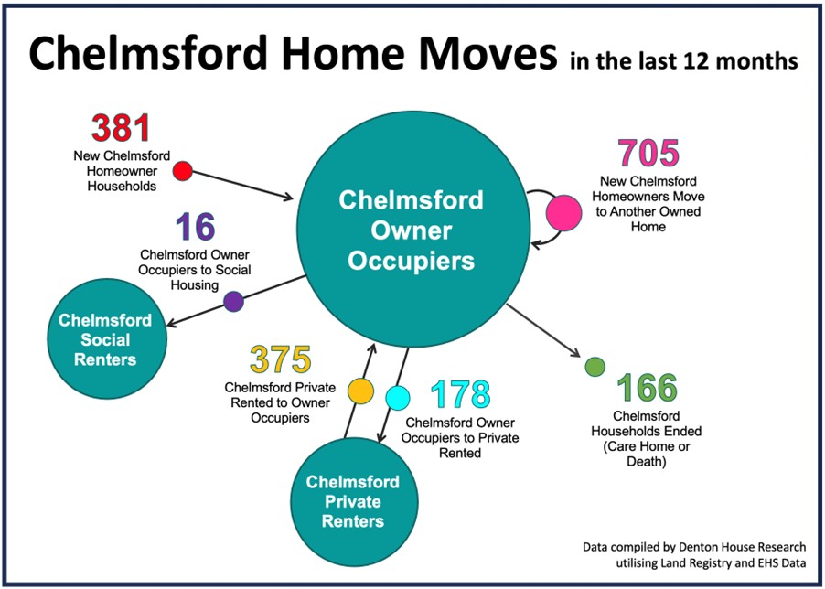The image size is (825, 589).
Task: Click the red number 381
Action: (120, 129)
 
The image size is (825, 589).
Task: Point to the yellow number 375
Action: (281, 360)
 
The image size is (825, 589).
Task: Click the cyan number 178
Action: (461, 395)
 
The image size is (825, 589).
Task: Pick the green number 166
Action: (648, 389)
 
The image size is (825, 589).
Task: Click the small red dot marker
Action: (183, 171)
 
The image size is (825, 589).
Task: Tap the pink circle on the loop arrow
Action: (564, 213)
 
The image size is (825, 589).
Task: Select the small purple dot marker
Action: (233, 301)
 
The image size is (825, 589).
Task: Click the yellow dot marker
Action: (361, 391)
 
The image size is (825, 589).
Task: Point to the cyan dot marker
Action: (398, 398)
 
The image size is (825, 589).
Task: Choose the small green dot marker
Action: (595, 367)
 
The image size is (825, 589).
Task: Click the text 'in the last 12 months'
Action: (682, 61)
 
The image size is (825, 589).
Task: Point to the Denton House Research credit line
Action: (694, 547)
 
